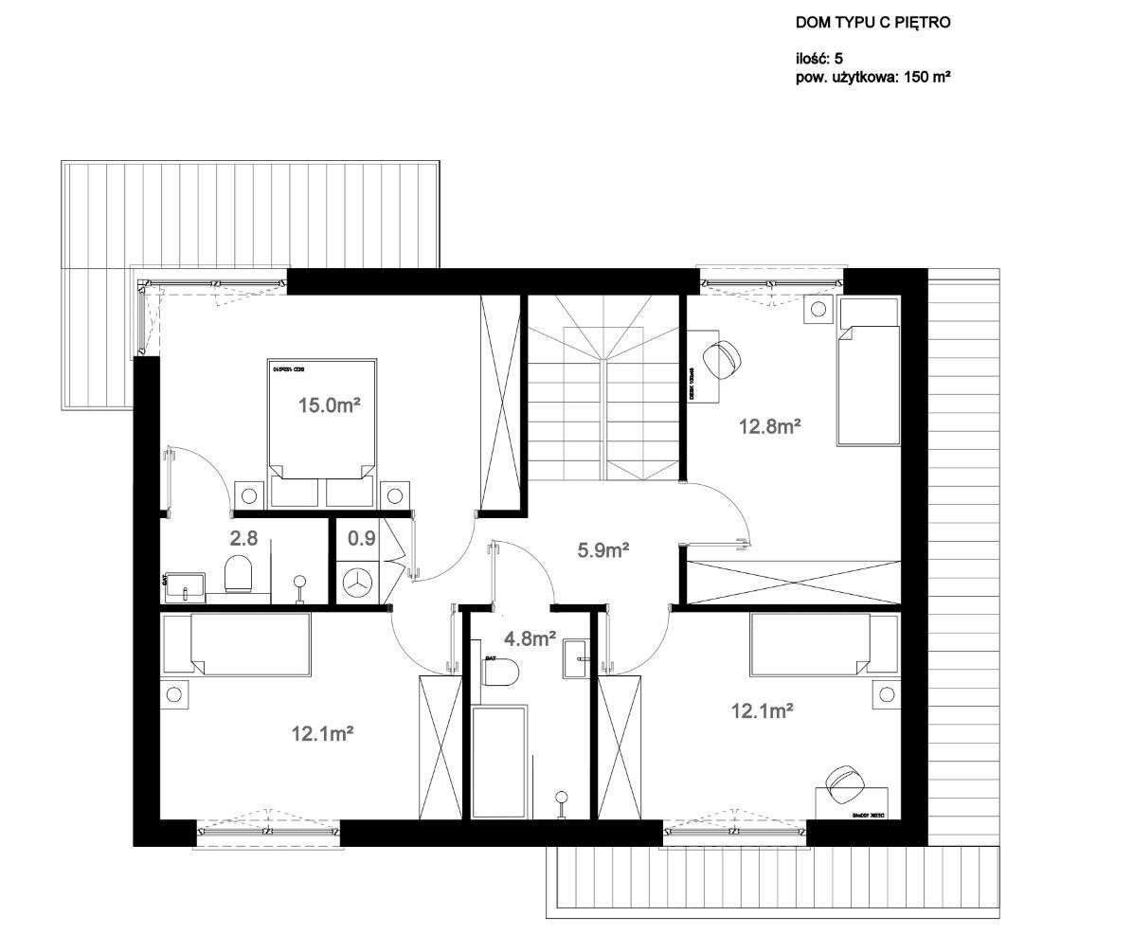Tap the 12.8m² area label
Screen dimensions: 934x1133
tap(770, 426)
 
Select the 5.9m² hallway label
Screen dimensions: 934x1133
tap(603, 548)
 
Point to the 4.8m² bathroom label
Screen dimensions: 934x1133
tap(530, 639)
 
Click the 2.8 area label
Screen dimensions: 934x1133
tap(243, 539)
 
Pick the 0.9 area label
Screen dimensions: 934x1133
tap(361, 539)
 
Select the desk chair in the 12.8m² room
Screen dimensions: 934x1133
tap(724, 360)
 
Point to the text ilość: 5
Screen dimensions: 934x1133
tap(819, 59)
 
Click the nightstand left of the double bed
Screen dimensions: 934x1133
tap(250, 494)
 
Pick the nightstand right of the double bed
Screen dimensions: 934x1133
tap(394, 494)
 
